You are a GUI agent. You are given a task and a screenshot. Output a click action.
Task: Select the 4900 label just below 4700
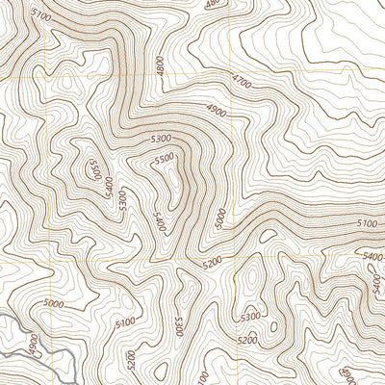[x=218, y=110]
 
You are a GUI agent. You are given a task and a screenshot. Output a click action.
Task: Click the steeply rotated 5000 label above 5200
[x=220, y=218]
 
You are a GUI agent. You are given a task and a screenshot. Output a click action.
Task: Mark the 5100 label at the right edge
[x=367, y=223]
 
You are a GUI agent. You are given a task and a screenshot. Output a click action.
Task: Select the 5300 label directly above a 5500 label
[x=161, y=141]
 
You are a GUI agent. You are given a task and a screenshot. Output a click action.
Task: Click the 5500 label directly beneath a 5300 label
[x=165, y=158]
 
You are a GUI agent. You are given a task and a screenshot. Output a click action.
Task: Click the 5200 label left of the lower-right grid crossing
[x=213, y=261]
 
